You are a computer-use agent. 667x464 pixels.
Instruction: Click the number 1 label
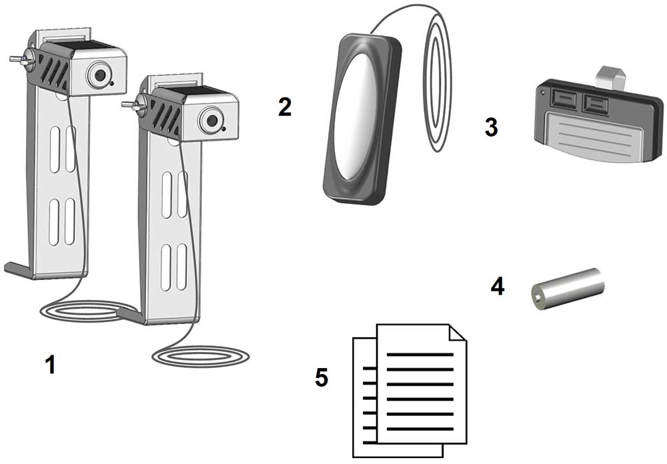pos(49,365)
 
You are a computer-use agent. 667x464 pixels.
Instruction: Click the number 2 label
pos(285,107)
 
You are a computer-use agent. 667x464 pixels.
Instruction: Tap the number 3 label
pos(492,127)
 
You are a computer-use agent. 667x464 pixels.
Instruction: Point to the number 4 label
pos(498,287)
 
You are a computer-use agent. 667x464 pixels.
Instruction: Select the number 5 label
pos(321,377)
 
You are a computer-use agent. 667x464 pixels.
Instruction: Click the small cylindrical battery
pos(568,287)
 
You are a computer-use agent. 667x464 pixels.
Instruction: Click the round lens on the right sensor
pos(211,121)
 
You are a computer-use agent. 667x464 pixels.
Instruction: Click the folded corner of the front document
pos(458,334)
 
